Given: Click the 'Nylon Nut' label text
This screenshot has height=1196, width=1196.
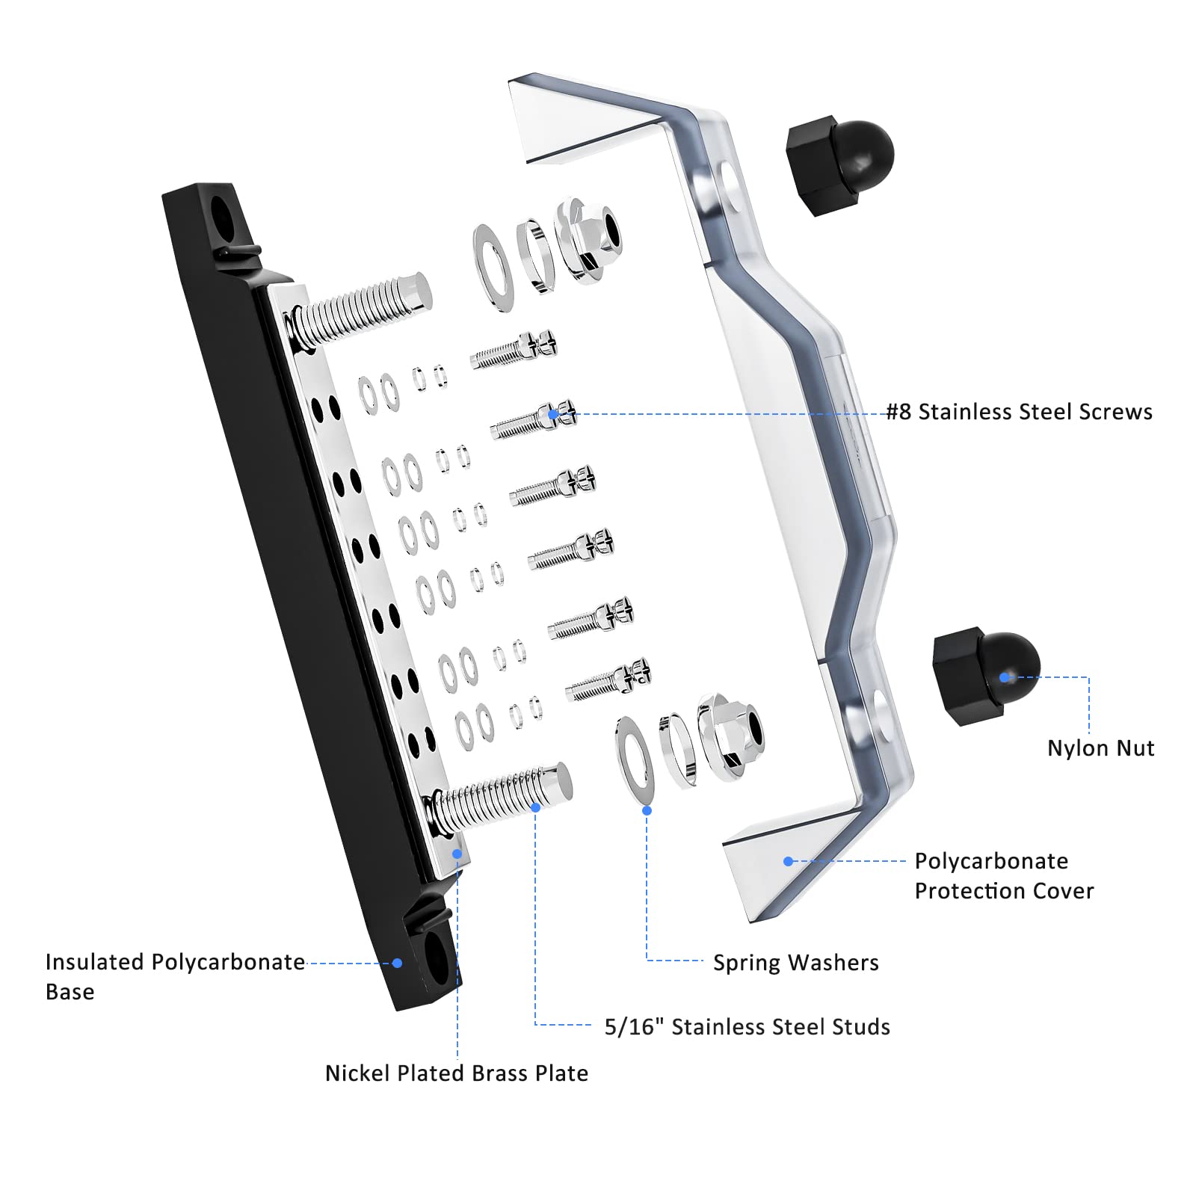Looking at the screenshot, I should coord(1100,748).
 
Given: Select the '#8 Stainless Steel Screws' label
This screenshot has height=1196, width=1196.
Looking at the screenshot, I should coord(1019,412).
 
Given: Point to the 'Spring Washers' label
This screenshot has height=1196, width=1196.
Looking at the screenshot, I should coord(795,963).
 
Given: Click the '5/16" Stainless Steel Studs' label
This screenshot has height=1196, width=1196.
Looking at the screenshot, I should coord(747,1027).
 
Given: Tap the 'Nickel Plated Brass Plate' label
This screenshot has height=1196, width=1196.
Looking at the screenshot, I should coord(456,1073).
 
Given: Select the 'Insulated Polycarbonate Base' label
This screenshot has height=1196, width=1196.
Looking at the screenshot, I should coord(174,975).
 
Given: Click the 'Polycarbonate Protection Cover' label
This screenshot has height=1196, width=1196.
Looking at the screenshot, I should coord(1003,876).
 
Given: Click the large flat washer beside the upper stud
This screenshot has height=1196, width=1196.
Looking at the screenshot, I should coord(493,267).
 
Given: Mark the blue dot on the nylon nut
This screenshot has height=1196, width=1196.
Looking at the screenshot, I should coord(1005,677).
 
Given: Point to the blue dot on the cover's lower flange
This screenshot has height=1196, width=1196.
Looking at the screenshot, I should coord(788,861).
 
